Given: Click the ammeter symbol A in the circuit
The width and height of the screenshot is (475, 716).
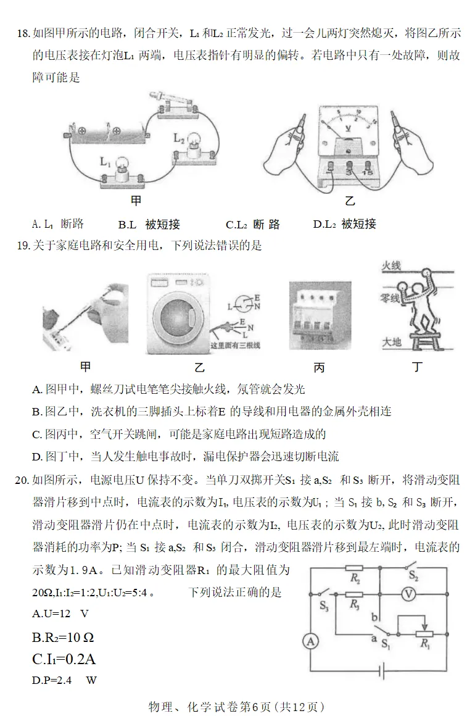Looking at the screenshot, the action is pos(310,642).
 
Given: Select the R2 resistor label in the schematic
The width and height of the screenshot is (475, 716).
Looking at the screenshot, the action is pos(354,579).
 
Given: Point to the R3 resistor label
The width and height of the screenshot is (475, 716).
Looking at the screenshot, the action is pos(354,606).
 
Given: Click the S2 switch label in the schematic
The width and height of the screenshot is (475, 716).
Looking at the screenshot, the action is pos(415,578).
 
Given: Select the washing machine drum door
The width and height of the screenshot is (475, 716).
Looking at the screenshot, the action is pos(175,318).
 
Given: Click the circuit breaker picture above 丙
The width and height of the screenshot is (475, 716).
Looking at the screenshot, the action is pos(320,316).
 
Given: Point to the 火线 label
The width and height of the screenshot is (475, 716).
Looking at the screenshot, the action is pos(391,265).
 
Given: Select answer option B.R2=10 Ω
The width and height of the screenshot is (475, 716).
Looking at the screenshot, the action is pos(62,637).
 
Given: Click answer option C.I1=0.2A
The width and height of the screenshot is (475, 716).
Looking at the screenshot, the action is pos(64,659).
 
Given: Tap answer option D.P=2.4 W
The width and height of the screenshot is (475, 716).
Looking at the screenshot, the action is pos(64,680).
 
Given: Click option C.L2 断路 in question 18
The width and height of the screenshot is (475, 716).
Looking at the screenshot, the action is pos(253,224).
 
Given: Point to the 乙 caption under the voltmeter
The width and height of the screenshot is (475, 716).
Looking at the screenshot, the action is pos(350,201).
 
